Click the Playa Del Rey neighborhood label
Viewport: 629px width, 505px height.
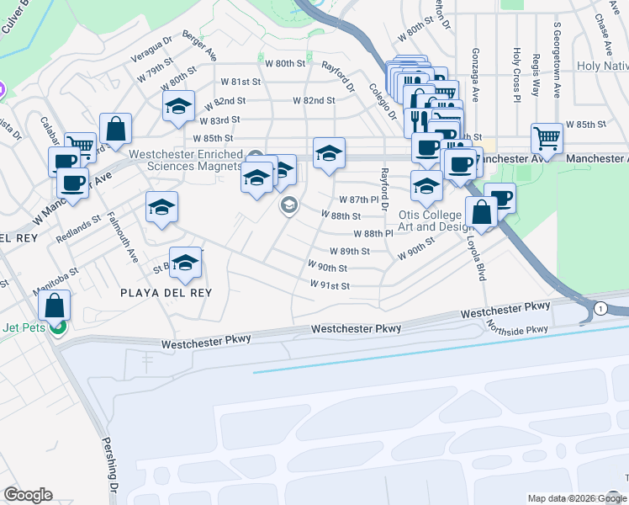click(x=166, y=293)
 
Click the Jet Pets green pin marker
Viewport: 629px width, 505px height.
click(x=57, y=327)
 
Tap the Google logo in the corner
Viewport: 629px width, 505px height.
click(x=28, y=495)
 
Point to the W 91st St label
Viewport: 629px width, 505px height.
click(x=330, y=286)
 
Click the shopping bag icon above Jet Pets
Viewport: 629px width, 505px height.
click(x=54, y=304)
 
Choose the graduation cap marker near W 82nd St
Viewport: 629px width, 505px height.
click(x=178, y=107)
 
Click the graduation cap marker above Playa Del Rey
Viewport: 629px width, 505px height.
click(x=186, y=262)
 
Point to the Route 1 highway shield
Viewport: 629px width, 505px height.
click(x=600, y=310)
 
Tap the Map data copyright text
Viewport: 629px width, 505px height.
click(x=576, y=498)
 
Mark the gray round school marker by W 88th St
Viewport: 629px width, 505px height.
click(x=289, y=205)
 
